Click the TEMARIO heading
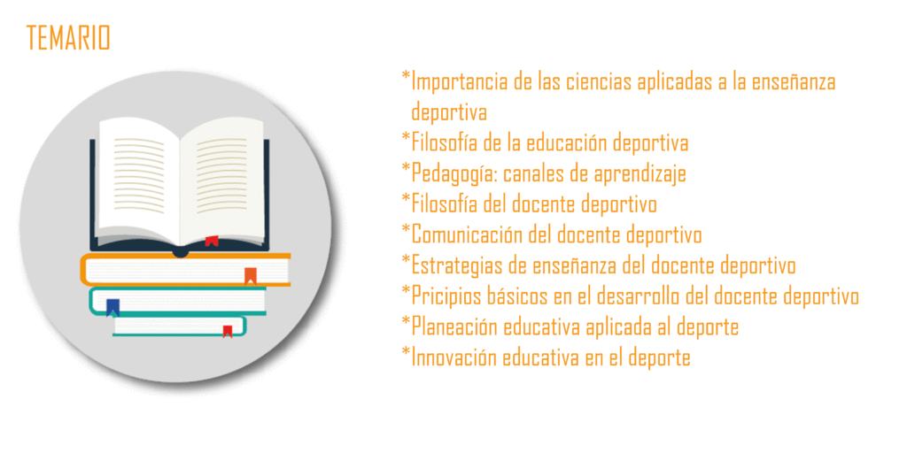[x=68, y=38]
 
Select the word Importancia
[x=460, y=81]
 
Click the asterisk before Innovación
[x=406, y=352]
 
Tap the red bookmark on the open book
[x=212, y=241]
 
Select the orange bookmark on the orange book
[x=251, y=276]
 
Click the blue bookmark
[x=112, y=307]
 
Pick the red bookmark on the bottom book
[x=228, y=331]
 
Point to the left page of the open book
[x=139, y=179]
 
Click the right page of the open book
[x=222, y=179]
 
